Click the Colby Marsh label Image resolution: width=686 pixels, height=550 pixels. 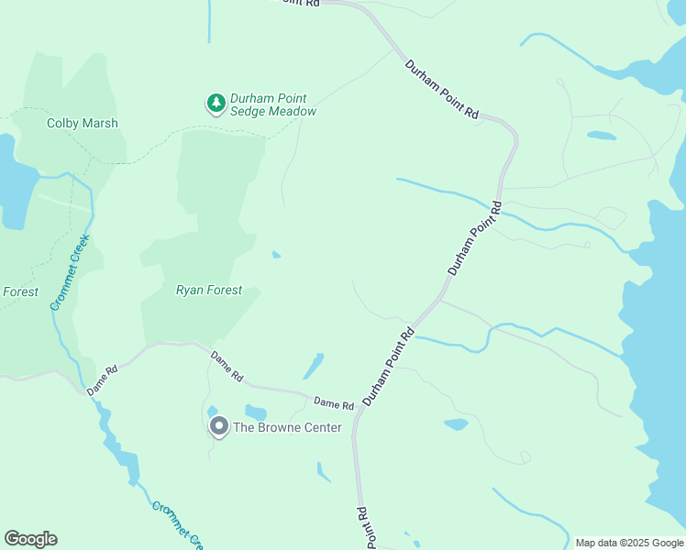pos(83,123)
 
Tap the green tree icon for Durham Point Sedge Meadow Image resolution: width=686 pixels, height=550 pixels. pos(216,104)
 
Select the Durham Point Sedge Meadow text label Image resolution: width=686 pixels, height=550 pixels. pos(273,104)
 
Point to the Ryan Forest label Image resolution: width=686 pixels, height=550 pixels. pos(209,291)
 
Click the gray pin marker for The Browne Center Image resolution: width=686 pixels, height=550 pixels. pos(218,426)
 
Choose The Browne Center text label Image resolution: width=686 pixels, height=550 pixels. pos(287,427)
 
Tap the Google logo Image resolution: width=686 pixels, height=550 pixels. pos(31,539)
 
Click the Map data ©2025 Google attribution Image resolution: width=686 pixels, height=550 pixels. pos(629,543)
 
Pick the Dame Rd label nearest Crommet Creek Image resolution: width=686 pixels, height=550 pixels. pos(103,380)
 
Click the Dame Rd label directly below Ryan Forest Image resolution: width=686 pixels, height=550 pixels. pos(227,366)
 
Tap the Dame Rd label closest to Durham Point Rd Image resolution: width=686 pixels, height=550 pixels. pos(333,403)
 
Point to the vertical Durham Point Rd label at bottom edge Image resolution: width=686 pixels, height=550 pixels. pos(366,528)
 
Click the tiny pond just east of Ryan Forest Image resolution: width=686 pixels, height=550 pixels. pos(276,255)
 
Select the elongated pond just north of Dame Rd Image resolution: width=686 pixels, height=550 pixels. pos(313,366)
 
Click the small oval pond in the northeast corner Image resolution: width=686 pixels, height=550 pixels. pos(601,136)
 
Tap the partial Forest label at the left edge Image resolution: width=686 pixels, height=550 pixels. pos(19,292)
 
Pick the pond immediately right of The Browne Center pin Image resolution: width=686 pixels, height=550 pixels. pos(255,412)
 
